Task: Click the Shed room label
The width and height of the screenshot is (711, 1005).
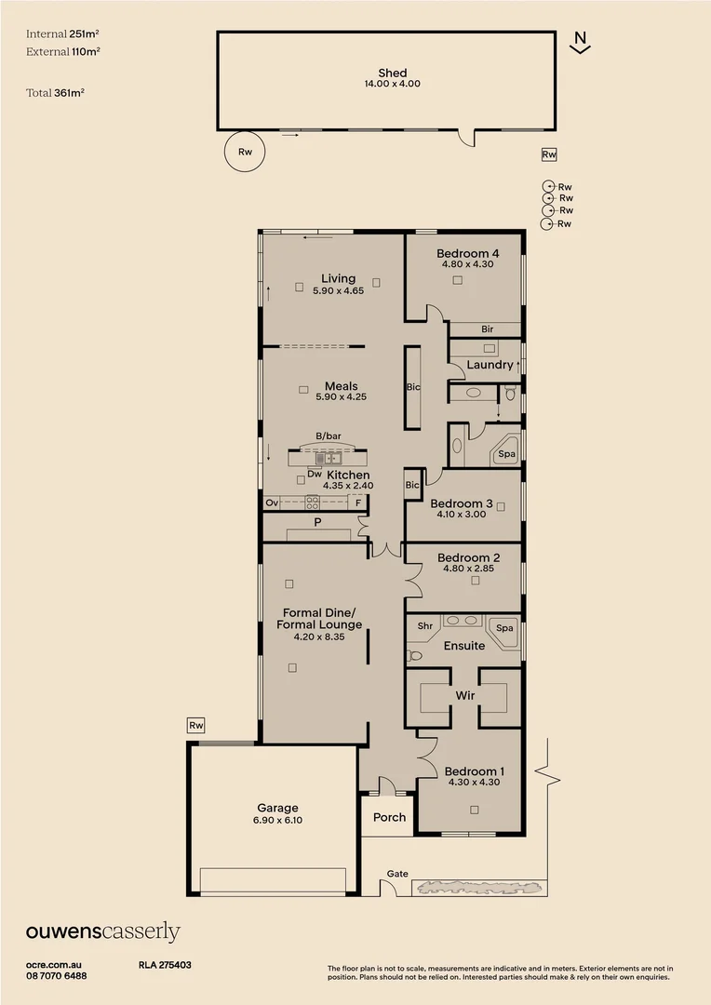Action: (392, 74)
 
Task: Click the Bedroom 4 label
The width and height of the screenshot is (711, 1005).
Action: (467, 253)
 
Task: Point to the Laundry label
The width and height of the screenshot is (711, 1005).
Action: (490, 365)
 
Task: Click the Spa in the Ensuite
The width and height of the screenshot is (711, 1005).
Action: (504, 628)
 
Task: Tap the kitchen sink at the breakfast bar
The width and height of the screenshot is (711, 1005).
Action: (328, 458)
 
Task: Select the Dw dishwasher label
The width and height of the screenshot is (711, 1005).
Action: (314, 475)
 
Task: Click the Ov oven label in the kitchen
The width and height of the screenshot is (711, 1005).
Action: (272, 502)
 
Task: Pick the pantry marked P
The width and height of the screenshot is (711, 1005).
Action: (317, 523)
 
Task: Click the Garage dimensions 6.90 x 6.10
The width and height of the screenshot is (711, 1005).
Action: (277, 820)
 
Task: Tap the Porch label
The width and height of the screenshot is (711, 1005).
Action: (389, 817)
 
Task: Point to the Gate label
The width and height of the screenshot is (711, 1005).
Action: (397, 874)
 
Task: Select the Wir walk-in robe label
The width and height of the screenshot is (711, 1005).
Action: (465, 695)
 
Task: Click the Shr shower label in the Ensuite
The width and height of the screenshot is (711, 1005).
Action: (424, 627)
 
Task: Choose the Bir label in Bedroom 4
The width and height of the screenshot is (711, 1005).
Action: (487, 329)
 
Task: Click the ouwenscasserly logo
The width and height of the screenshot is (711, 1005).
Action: (102, 932)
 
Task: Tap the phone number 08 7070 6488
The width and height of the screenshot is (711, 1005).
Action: (57, 975)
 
